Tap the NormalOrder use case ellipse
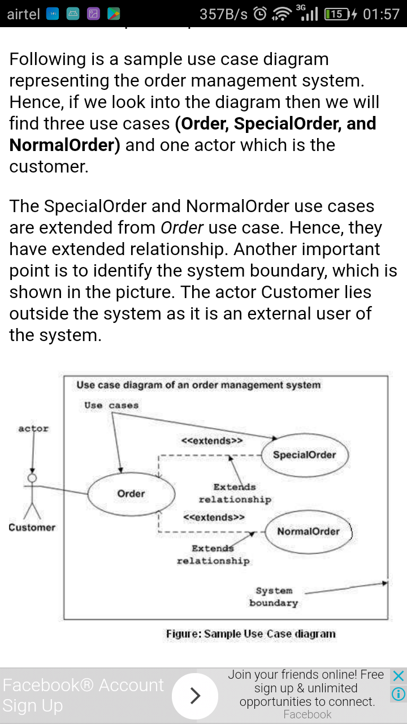click(309, 511)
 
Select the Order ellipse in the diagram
click(131, 473)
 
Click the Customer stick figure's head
click(32, 478)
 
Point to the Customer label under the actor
click(32, 528)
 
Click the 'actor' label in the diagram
click(33, 429)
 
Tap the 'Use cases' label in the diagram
click(111, 405)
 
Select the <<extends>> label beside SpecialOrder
click(212, 441)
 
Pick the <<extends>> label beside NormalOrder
click(214, 517)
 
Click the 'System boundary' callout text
click(274, 597)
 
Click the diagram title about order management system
click(198, 385)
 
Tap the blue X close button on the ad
click(399, 675)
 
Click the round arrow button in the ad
click(195, 696)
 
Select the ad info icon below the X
click(399, 693)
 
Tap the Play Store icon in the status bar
click(114, 14)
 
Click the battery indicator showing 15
click(337, 14)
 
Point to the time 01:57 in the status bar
click(381, 14)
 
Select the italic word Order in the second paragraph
click(182, 227)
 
